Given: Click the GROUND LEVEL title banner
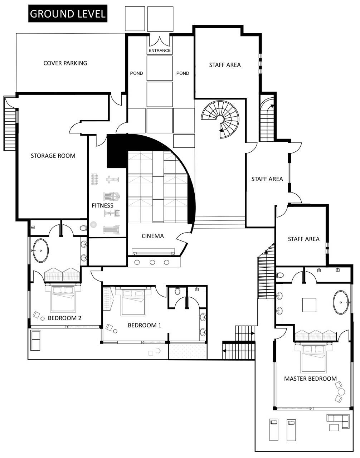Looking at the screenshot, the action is point(68,14).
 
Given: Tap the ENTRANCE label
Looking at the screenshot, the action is point(160,50).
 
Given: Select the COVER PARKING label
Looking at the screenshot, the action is point(65,63).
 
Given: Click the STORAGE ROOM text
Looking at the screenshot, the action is point(53,156).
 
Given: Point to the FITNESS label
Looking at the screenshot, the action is point(102,205).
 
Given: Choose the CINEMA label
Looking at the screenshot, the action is point(152,236).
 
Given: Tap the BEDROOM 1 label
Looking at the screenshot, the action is point(144,325).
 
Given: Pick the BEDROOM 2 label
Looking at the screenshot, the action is point(64,318).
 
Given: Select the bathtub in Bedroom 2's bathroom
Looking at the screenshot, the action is point(40,250).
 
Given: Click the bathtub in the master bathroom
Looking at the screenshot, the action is point(341,302).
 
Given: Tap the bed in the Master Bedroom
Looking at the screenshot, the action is point(313,359).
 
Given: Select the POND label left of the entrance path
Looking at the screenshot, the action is point(136,73).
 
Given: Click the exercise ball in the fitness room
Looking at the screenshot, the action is point(93,225).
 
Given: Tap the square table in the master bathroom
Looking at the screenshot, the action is point(309,305).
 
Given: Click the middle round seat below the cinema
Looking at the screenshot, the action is point(152,262).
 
